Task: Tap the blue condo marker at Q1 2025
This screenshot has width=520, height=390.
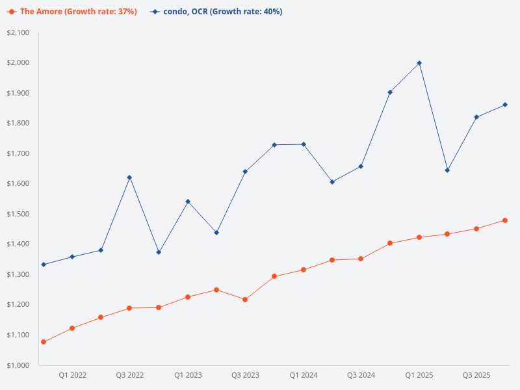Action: click(x=419, y=63)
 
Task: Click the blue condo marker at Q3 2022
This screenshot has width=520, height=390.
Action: click(x=129, y=177)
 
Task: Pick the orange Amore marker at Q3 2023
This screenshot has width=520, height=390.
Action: click(x=245, y=300)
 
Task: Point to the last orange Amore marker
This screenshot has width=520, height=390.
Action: click(x=505, y=220)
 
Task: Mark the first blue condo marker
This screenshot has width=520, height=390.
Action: click(x=44, y=265)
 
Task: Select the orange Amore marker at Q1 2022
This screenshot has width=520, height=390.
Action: click(x=72, y=328)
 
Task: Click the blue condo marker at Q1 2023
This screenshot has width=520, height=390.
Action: click(x=188, y=201)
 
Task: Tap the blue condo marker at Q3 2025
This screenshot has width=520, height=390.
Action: click(x=476, y=117)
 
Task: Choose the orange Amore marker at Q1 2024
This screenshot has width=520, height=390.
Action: click(x=303, y=270)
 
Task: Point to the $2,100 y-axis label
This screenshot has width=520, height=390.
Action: click(x=18, y=32)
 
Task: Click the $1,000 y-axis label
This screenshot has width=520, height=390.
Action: click(x=18, y=365)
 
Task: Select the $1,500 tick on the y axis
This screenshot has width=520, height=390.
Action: click(x=18, y=214)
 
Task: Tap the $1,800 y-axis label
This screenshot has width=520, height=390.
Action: click(x=18, y=123)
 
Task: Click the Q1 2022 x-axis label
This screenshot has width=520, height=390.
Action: click(x=73, y=375)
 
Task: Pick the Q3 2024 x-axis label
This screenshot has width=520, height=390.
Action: click(x=361, y=375)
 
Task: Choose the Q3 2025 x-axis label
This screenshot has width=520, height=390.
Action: click(x=476, y=375)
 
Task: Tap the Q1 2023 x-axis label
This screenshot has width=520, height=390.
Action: click(x=188, y=375)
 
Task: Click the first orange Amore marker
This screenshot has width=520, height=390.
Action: click(x=44, y=342)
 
